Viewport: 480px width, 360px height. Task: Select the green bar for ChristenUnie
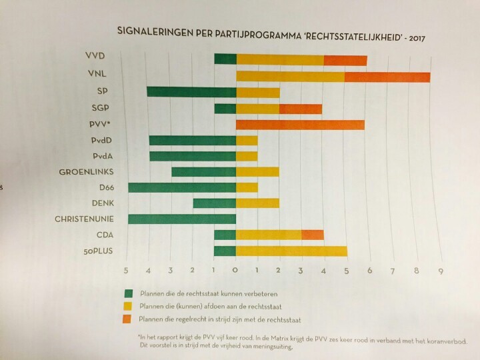coord(181,219)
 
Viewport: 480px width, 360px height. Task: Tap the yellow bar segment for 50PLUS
coord(291,251)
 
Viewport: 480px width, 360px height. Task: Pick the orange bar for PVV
coord(300,124)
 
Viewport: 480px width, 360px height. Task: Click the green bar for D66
coord(181,187)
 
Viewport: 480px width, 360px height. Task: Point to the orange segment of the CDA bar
coord(313,235)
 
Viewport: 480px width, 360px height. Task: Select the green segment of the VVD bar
coord(225,59)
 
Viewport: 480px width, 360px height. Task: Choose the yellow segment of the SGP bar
coord(258,109)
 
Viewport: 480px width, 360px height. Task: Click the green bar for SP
coord(191,91)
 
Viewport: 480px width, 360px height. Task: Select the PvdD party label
coord(105,140)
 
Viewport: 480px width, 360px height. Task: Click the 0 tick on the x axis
coord(235,271)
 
